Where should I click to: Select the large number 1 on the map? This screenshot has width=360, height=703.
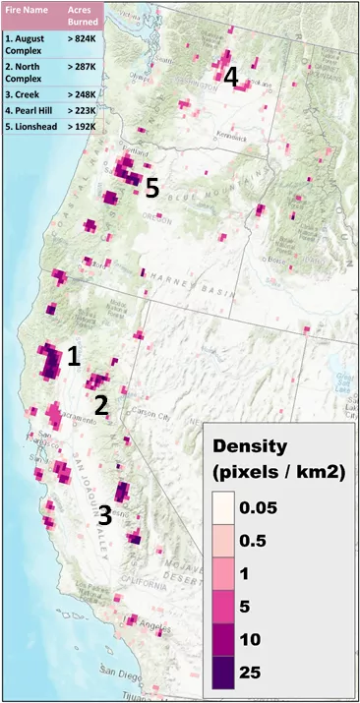[x=73, y=357]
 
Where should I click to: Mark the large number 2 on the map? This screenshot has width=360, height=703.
[x=100, y=404]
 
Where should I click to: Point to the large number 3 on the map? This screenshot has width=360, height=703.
[x=103, y=513]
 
